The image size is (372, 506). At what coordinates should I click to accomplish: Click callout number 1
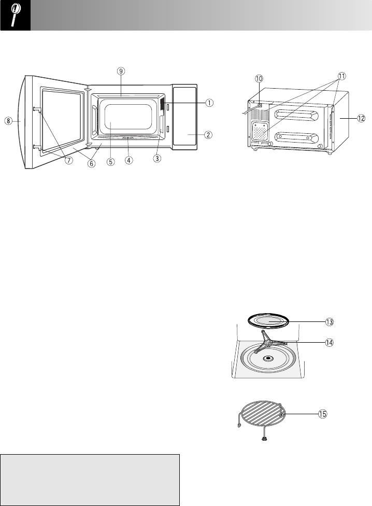point(209,103)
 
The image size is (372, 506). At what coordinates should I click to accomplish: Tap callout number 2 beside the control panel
point(209,135)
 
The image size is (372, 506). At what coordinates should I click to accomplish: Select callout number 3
point(157,159)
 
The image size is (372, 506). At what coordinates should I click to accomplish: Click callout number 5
point(110,161)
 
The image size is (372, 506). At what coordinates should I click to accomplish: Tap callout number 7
point(69,160)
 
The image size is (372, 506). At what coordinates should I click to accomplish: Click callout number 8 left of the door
point(8,121)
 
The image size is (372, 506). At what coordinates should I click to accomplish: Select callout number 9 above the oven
point(121,71)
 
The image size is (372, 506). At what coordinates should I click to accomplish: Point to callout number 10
point(259,78)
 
